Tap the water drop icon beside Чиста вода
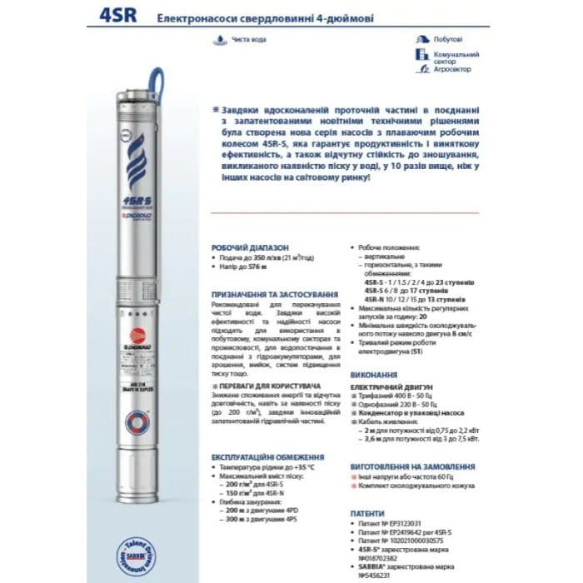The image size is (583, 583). pos(217,38)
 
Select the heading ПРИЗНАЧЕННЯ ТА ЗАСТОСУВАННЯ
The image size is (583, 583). pos(273,295)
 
